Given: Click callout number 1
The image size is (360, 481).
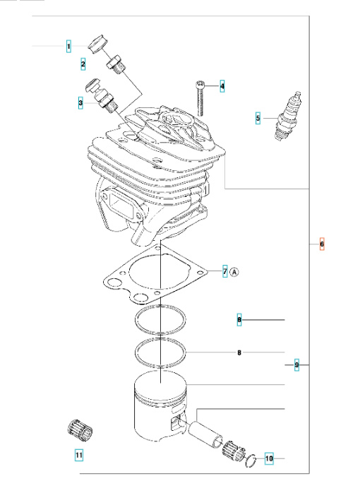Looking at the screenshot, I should [x=68, y=47].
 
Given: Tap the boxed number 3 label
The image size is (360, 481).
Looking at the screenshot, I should [x=80, y=103].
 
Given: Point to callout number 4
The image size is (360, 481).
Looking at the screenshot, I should [x=222, y=87].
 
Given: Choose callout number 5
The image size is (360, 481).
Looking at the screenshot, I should [x=258, y=118].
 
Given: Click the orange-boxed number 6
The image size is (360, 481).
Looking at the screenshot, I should [x=321, y=244].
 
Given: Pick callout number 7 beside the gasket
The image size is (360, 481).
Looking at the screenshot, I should [x=224, y=271].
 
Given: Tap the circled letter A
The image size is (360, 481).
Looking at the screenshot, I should [x=235, y=271].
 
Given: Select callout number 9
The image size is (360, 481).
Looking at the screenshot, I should [x=296, y=364].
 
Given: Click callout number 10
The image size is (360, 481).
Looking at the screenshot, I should [x=268, y=459].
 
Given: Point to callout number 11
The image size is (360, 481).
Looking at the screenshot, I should [x=79, y=455].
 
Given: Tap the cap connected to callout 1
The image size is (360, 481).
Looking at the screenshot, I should [x=97, y=44].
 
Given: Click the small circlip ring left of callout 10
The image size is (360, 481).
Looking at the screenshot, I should [x=249, y=462].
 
